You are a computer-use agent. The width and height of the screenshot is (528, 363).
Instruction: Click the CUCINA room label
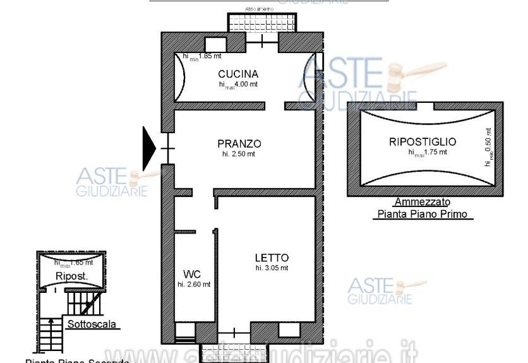(x=238, y=73)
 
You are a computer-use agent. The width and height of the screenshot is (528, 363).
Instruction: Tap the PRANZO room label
(x=239, y=143)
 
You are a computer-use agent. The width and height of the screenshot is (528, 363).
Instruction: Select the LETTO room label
(x=272, y=258)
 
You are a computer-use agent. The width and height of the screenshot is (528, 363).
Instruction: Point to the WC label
(x=192, y=274)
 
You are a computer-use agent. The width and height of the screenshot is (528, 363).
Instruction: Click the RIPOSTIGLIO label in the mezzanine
(x=423, y=142)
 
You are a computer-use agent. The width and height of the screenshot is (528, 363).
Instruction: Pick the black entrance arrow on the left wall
(x=149, y=148)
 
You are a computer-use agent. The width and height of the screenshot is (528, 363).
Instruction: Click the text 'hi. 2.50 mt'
(x=238, y=153)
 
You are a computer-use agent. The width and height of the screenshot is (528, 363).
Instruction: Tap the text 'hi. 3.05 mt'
(x=272, y=268)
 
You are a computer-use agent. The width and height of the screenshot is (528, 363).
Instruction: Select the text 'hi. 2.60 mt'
(x=193, y=284)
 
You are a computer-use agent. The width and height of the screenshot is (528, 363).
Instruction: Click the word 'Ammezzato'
(x=422, y=203)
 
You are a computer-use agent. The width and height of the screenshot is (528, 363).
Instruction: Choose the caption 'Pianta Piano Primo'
(x=423, y=214)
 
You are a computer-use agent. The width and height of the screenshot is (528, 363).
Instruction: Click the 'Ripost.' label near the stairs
(x=71, y=277)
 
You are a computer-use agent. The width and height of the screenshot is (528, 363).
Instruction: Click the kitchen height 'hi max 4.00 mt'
(x=238, y=84)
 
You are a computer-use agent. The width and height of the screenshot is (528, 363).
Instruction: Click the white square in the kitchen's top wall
(x=215, y=44)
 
